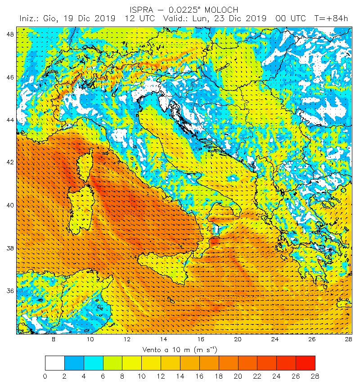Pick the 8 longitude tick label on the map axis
54,339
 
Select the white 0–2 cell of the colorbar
54,363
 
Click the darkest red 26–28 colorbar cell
305,363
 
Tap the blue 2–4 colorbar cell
74,363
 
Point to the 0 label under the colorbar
45,375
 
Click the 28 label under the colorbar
315,375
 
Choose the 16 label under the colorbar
199,375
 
